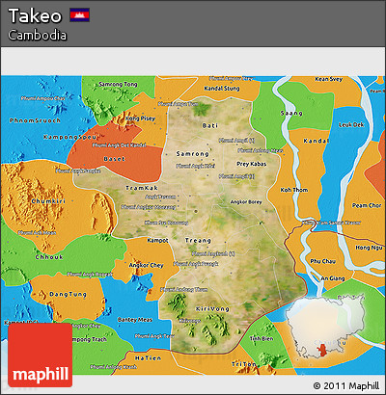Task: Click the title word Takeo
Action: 34,16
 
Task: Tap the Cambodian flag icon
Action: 81,16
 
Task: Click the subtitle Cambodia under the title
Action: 37,35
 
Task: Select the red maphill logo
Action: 40,355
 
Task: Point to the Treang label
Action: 197,240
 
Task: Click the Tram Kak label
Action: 141,188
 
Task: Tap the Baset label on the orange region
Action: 115,159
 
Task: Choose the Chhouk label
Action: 46,258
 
